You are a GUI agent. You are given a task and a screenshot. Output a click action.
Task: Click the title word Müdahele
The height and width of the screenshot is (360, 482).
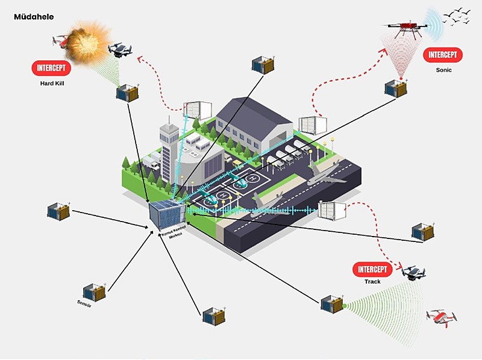[x=34, y=17]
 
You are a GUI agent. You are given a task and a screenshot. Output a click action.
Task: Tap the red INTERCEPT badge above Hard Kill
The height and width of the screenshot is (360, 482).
[x=51, y=68]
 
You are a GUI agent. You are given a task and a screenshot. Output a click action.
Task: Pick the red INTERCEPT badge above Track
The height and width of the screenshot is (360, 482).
[x=372, y=268]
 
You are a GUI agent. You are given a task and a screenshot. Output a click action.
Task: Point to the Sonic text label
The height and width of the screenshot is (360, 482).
[x=443, y=70]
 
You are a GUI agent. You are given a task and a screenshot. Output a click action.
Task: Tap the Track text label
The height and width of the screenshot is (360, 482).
[x=372, y=281]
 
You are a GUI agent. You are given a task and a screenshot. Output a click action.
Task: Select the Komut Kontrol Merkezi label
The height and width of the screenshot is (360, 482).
[x=172, y=232]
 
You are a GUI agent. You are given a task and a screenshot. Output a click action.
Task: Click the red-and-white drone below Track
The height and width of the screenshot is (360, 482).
[x=441, y=317]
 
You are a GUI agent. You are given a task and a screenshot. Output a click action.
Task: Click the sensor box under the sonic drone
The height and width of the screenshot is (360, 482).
[x=396, y=87]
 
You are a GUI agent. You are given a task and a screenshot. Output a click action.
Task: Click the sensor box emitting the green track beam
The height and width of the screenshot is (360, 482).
[x=331, y=303]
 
